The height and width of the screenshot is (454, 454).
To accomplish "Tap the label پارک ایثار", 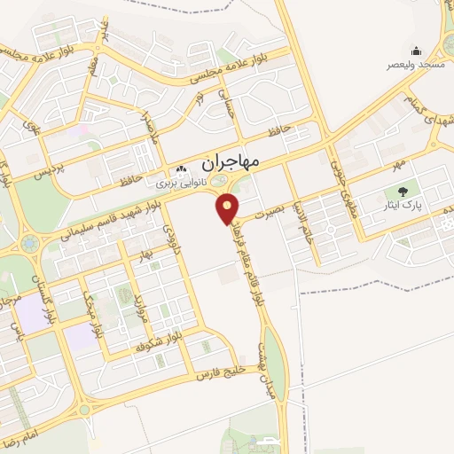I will point(409,206).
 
